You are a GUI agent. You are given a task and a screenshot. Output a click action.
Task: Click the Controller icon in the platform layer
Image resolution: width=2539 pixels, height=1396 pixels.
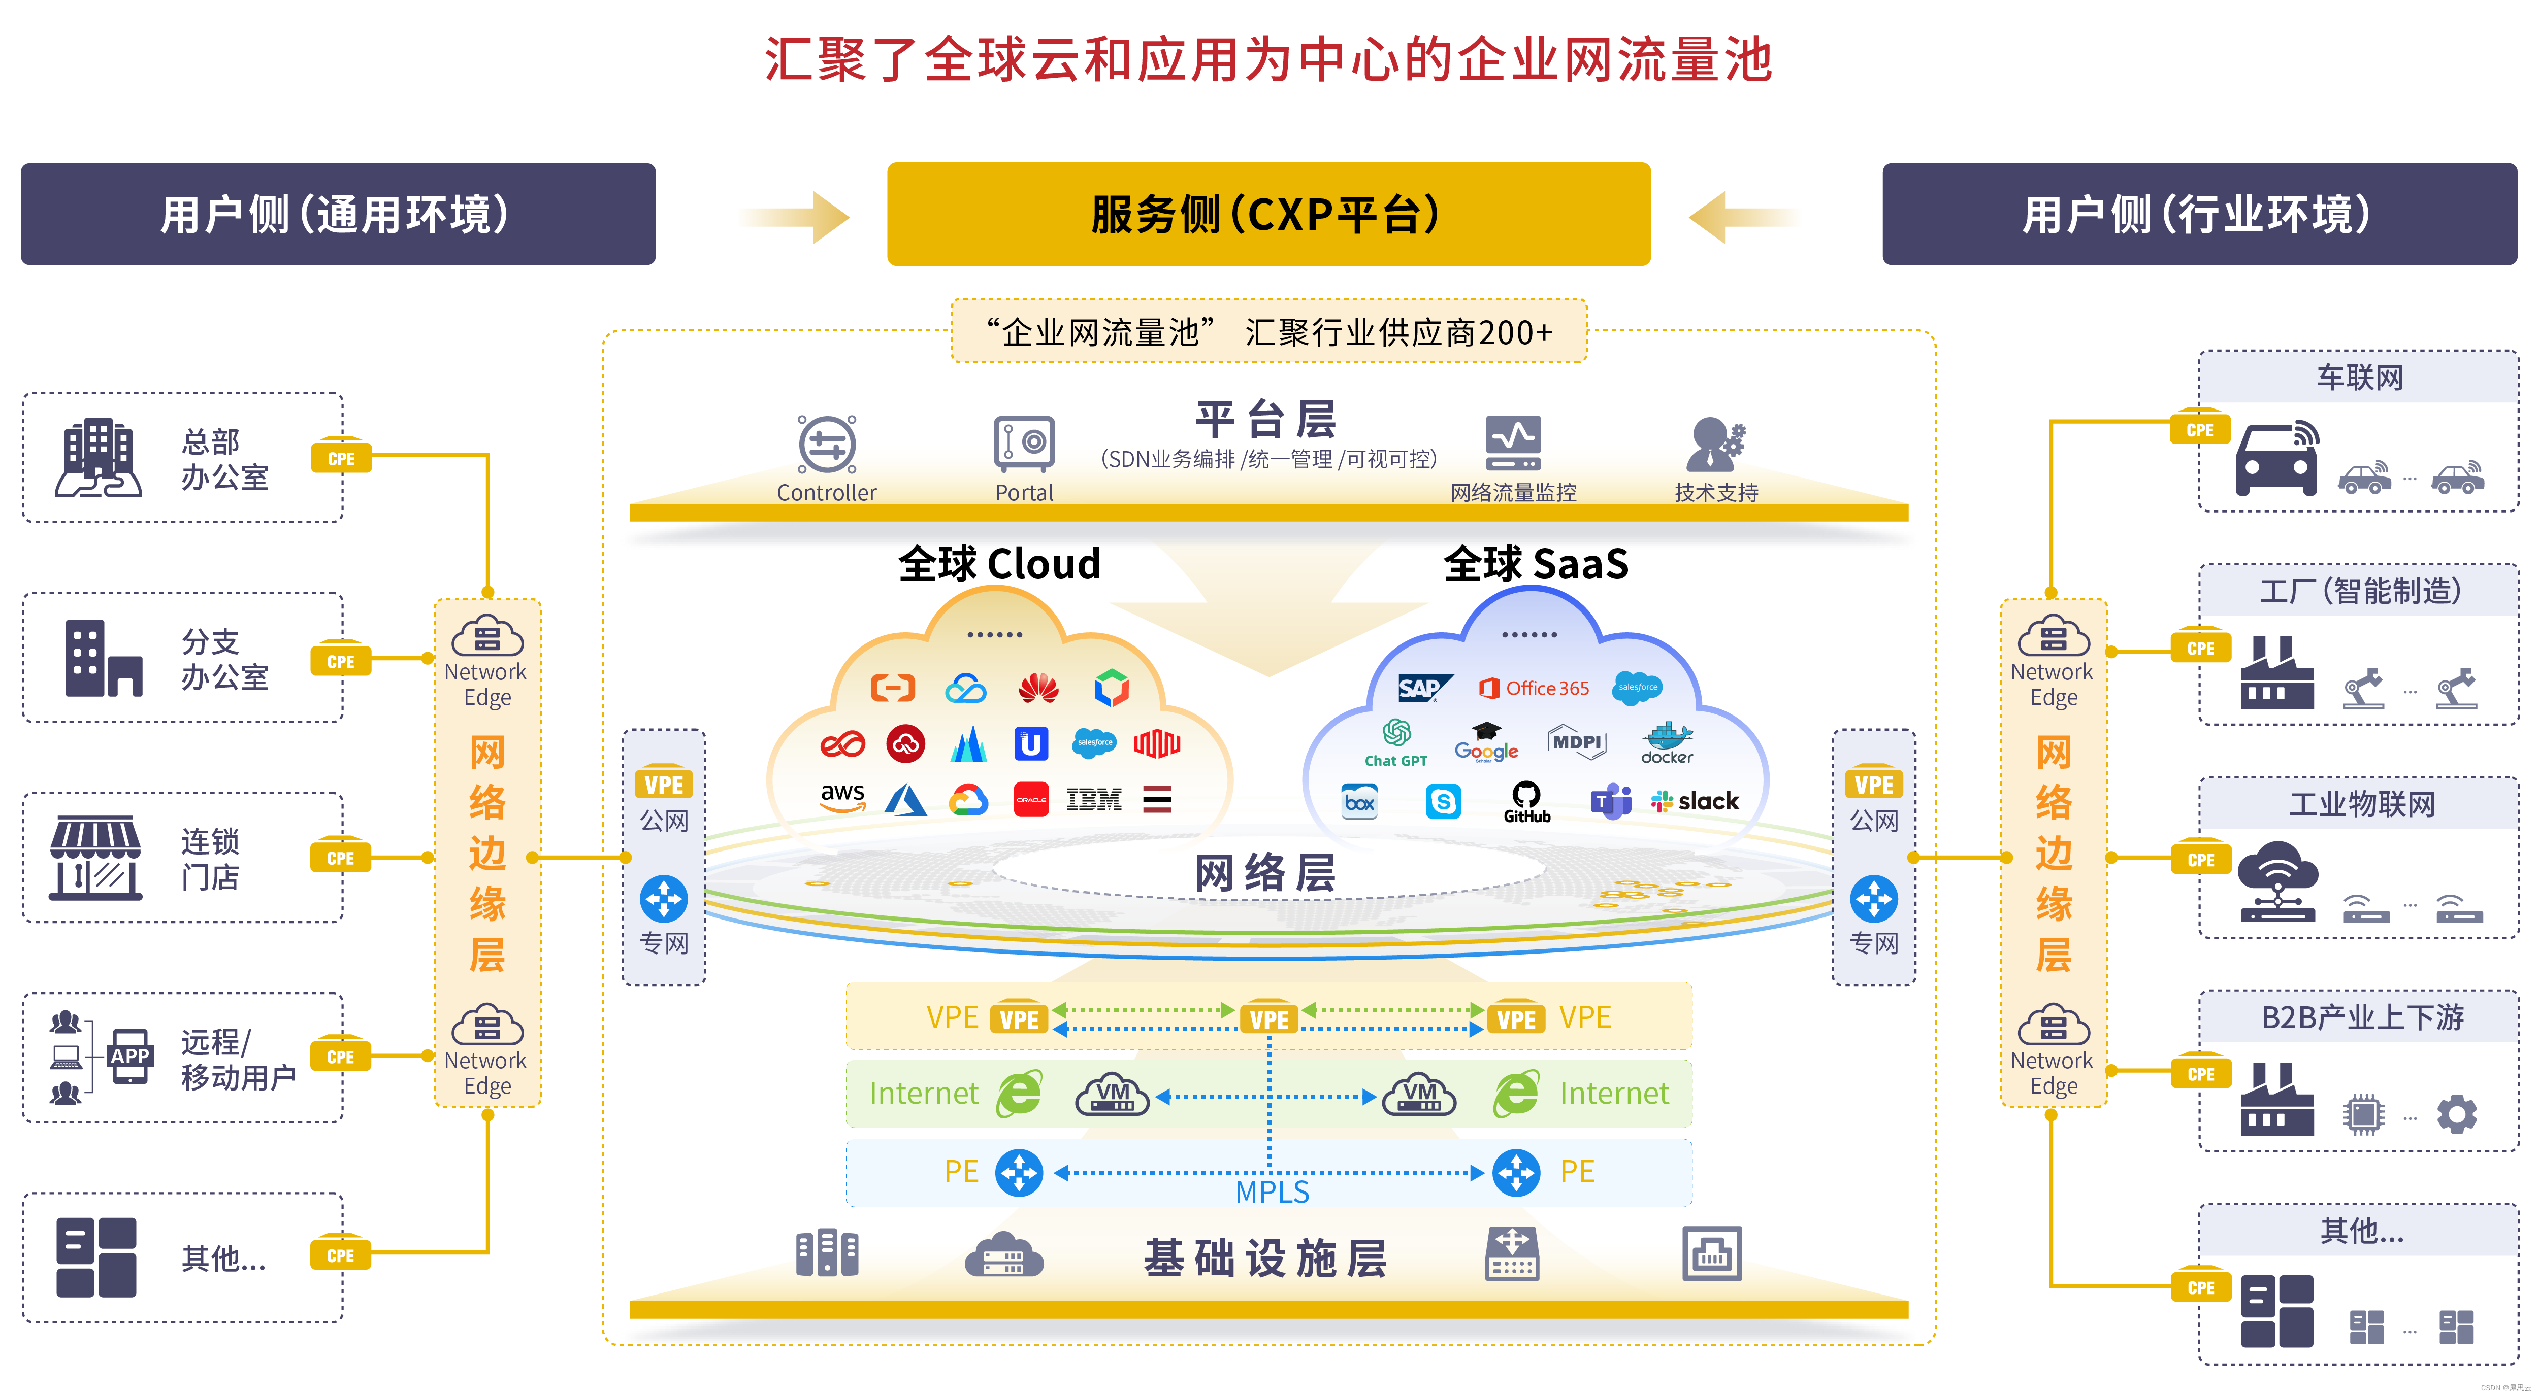click(x=826, y=445)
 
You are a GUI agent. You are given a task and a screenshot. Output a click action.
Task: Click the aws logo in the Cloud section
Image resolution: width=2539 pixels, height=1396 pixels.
click(x=843, y=797)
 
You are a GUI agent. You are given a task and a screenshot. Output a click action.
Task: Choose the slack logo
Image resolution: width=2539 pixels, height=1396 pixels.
click(x=1696, y=801)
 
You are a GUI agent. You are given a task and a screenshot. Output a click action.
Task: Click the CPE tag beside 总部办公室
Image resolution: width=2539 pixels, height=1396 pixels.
click(x=341, y=458)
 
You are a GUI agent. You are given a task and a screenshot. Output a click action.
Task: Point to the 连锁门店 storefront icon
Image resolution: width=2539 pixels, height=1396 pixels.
click(x=95, y=857)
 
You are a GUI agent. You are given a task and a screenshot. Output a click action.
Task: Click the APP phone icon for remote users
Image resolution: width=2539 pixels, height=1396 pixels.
click(x=130, y=1056)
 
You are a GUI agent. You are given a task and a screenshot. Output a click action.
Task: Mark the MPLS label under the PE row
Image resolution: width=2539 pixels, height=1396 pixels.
click(x=1272, y=1192)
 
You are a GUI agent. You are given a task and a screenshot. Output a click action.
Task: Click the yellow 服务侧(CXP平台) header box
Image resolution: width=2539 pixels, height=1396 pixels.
click(x=1268, y=214)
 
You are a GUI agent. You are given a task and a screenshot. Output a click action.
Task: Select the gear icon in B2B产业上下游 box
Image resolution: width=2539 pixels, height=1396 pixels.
click(x=2456, y=1114)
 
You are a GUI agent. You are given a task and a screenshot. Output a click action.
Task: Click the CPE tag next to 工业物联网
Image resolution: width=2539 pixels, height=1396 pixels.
click(x=2200, y=859)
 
